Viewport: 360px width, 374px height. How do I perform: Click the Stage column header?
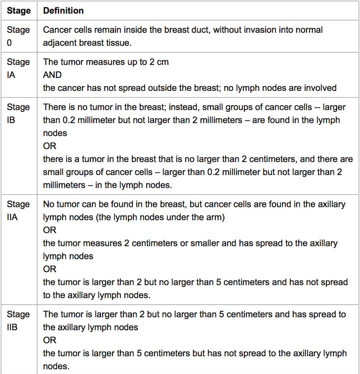click(x=19, y=11)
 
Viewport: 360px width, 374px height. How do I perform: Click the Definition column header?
click(x=63, y=11)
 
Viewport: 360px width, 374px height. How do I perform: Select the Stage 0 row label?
click(x=18, y=36)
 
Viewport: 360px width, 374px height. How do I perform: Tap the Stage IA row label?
click(x=18, y=68)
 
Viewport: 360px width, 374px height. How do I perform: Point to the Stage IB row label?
click(x=18, y=113)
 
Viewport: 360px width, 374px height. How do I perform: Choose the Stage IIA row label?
click(x=18, y=210)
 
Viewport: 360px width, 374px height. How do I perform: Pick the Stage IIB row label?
click(x=18, y=321)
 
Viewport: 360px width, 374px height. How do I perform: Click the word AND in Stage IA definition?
click(x=52, y=75)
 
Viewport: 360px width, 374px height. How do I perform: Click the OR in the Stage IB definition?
click(x=50, y=146)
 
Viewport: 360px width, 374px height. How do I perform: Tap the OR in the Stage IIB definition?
click(x=50, y=340)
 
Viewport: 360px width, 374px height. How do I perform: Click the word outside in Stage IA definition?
click(x=175, y=88)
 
